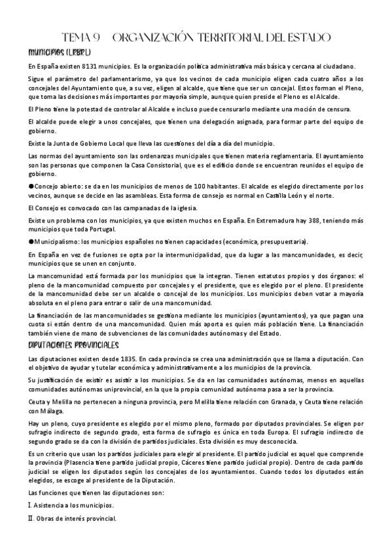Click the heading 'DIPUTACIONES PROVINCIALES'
click(73, 345)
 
